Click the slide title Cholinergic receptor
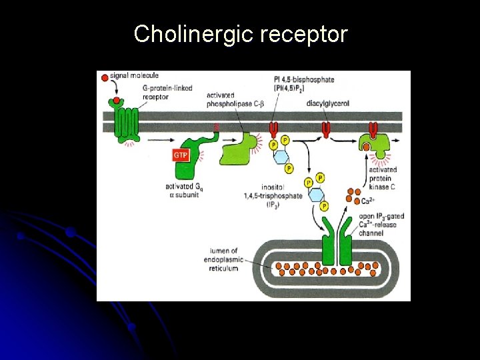click(x=240, y=33)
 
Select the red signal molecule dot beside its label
click(x=104, y=78)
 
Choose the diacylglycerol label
click(x=327, y=103)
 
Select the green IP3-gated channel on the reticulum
click(x=339, y=243)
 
